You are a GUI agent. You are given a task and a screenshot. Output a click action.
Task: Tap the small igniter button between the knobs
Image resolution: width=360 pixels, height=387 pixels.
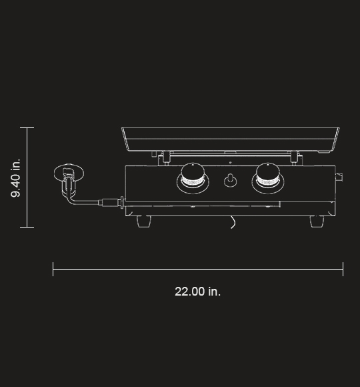[230, 180]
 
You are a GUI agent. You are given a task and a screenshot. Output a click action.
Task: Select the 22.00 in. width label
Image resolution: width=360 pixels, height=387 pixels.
[197, 292]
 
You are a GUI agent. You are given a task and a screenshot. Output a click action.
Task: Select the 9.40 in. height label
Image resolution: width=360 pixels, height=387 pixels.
[16, 177]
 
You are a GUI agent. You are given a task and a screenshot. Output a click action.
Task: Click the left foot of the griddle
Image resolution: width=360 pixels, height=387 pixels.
[145, 221]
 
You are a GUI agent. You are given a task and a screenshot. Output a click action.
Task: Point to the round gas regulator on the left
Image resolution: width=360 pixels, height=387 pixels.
[69, 174]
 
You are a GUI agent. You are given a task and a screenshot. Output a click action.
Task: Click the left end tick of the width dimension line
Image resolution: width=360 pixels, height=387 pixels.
[53, 270]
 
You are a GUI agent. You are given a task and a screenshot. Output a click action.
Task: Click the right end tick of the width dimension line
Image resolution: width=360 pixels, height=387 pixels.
[343, 270]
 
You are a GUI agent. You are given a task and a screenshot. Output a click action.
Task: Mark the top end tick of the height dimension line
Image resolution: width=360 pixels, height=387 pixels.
[27, 127]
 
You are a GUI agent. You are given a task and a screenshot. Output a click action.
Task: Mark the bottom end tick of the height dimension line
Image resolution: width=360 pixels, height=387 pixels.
[27, 227]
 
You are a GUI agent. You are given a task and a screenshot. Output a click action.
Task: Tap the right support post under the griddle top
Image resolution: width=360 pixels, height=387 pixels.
[293, 157]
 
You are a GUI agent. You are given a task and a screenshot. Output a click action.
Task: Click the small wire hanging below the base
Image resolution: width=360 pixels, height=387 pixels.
[233, 222]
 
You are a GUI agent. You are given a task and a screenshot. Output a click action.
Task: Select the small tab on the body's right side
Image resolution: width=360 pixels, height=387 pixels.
[339, 177]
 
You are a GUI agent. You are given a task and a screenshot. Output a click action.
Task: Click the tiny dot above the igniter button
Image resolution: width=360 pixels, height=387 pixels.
[230, 163]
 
